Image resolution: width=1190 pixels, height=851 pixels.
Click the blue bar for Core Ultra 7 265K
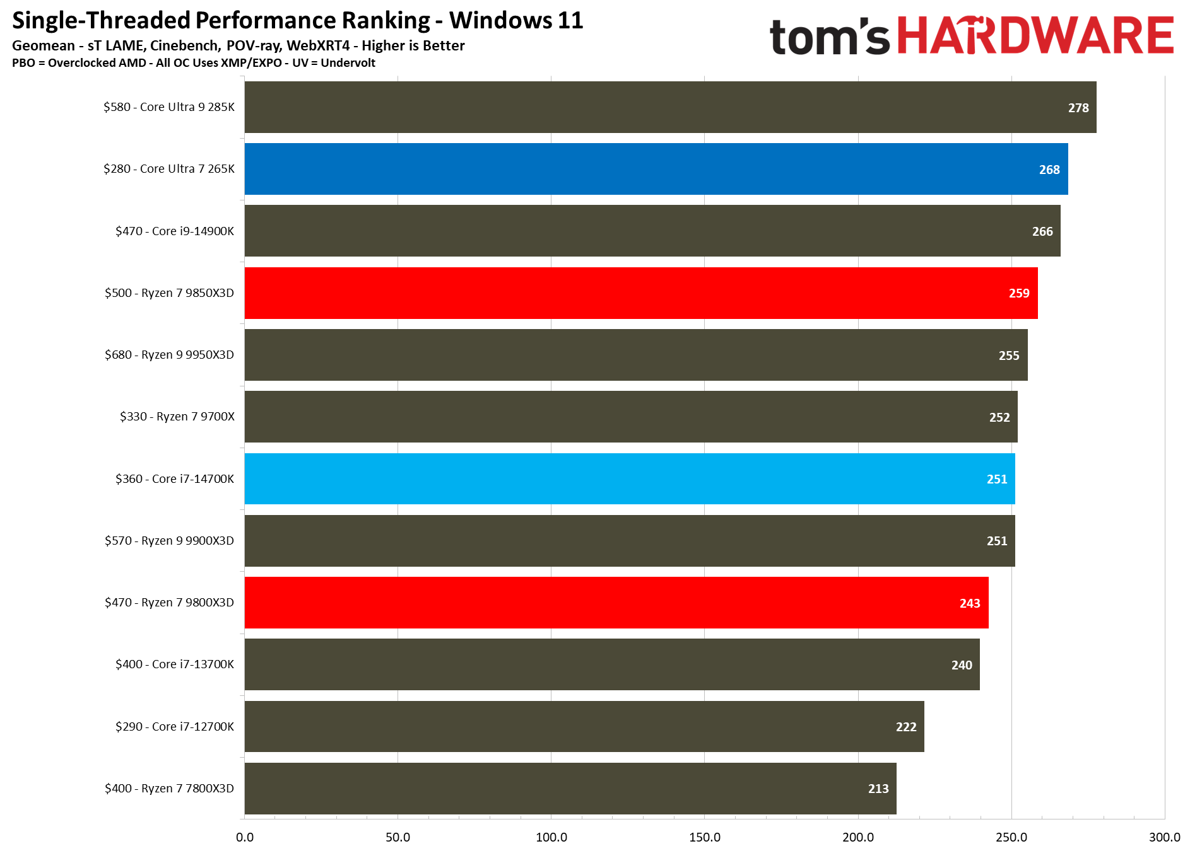(x=656, y=169)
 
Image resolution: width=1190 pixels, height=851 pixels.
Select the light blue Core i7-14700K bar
(x=630, y=479)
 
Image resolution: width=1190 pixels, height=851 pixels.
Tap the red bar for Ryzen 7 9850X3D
(x=641, y=293)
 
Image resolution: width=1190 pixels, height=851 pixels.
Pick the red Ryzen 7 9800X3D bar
(x=616, y=603)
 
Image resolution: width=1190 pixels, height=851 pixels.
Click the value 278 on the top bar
(x=1078, y=108)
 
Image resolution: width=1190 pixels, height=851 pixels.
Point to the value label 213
(x=878, y=789)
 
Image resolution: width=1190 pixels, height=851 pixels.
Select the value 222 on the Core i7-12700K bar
(x=906, y=727)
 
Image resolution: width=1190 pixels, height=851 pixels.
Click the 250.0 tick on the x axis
(x=1011, y=837)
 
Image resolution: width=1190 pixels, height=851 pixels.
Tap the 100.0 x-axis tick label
(x=551, y=837)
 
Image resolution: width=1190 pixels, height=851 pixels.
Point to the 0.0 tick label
(x=245, y=837)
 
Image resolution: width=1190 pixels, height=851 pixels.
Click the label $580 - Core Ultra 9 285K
(x=169, y=107)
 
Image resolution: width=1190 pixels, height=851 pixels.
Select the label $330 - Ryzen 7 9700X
(x=177, y=417)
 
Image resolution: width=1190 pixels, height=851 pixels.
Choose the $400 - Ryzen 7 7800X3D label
(x=169, y=789)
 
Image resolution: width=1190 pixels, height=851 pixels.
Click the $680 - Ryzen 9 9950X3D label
(x=169, y=355)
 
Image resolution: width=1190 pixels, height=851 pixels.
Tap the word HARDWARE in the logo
(x=1035, y=36)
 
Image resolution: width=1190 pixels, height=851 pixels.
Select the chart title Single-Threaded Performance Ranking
(x=221, y=20)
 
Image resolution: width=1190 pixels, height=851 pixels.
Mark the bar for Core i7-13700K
(x=612, y=664)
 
